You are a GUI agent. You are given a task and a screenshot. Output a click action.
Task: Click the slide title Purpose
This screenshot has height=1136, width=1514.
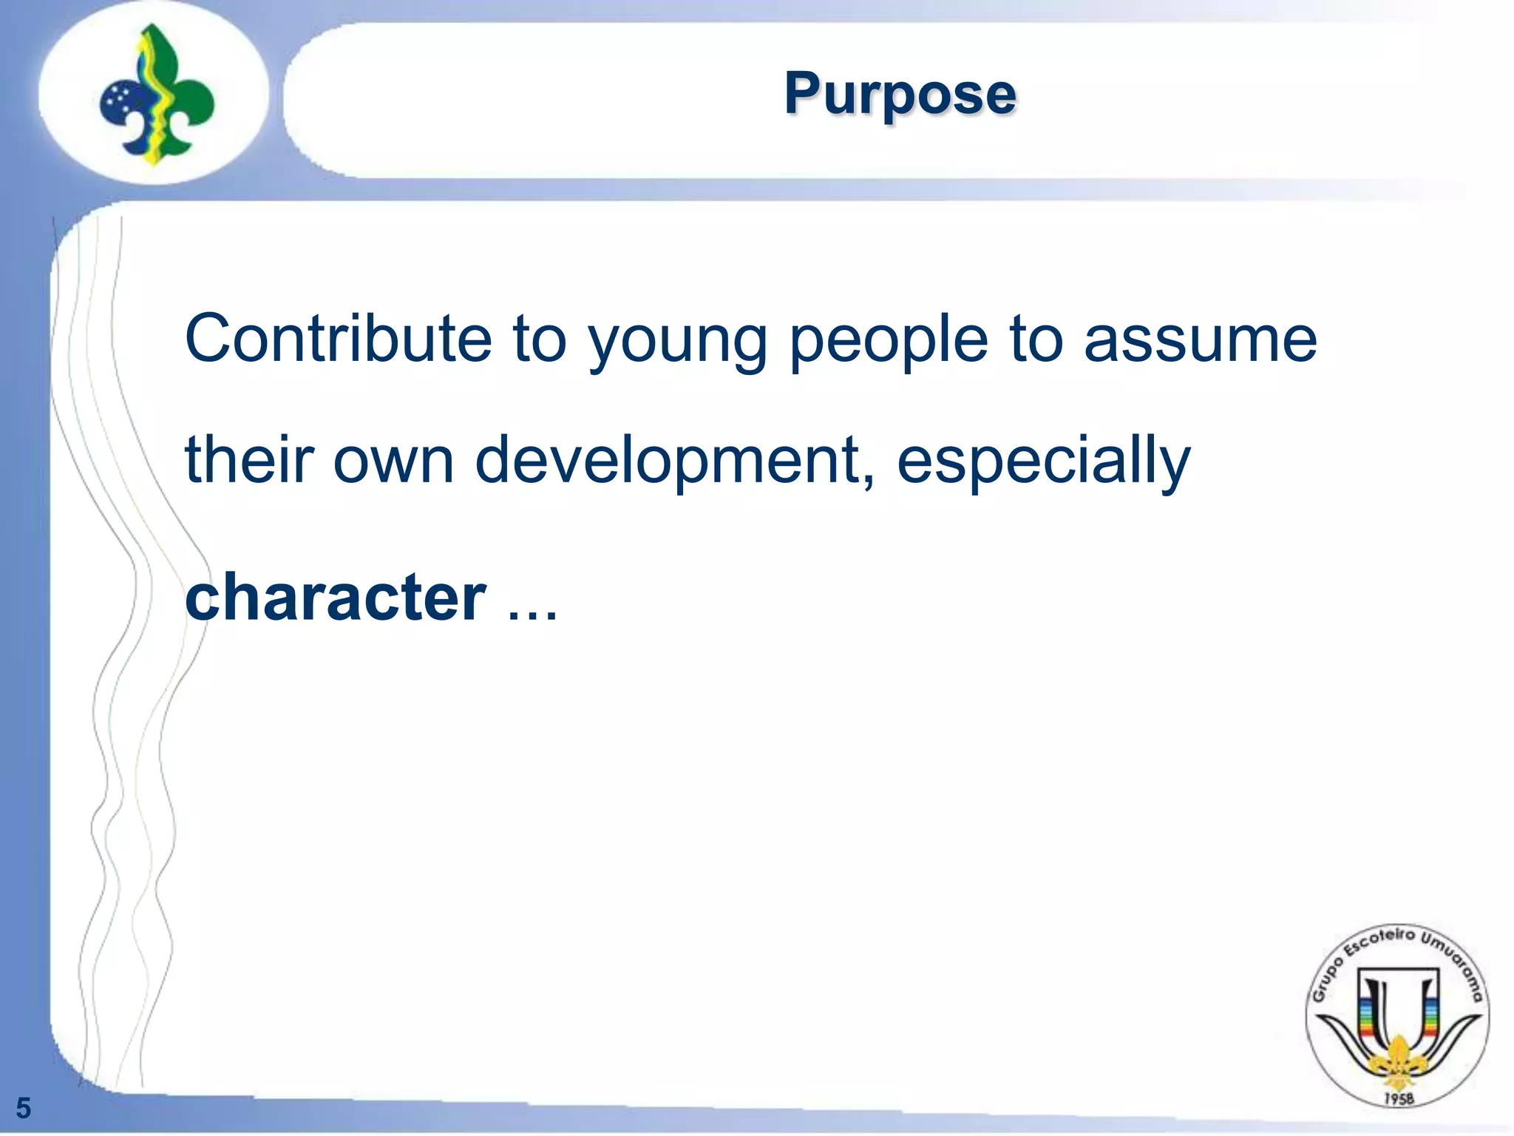tap(900, 94)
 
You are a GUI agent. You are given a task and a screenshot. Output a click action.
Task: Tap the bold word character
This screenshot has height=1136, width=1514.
tap(336, 597)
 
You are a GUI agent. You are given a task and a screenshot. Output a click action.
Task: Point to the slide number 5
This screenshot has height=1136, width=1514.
tap(24, 1108)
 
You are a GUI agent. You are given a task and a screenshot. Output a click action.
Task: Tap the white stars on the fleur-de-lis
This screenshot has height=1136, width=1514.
tap(118, 101)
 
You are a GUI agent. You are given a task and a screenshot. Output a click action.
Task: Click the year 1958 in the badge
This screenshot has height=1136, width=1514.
tap(1398, 1098)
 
